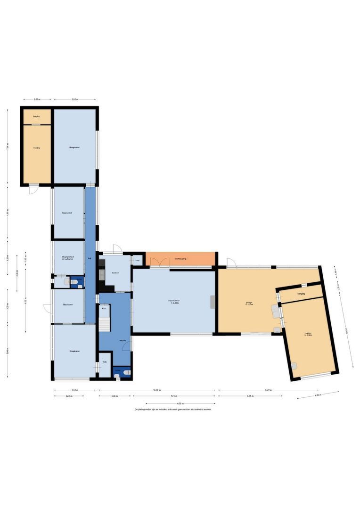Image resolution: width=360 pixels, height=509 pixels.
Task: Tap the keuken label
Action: (115, 273)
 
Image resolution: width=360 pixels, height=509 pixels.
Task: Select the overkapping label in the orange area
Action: (181, 258)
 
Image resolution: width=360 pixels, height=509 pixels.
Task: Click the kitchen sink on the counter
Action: (102, 272)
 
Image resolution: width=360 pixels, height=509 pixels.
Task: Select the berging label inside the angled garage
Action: (301, 293)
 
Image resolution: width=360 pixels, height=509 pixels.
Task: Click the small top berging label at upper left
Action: (36, 116)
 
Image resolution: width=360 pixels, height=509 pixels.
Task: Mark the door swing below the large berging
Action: (33, 189)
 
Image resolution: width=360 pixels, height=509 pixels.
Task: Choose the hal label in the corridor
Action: (90, 259)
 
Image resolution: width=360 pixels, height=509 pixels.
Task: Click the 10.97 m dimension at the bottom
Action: (156, 390)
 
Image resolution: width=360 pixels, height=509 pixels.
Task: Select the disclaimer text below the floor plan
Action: (173, 410)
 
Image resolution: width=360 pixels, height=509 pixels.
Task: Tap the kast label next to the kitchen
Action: (138, 260)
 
